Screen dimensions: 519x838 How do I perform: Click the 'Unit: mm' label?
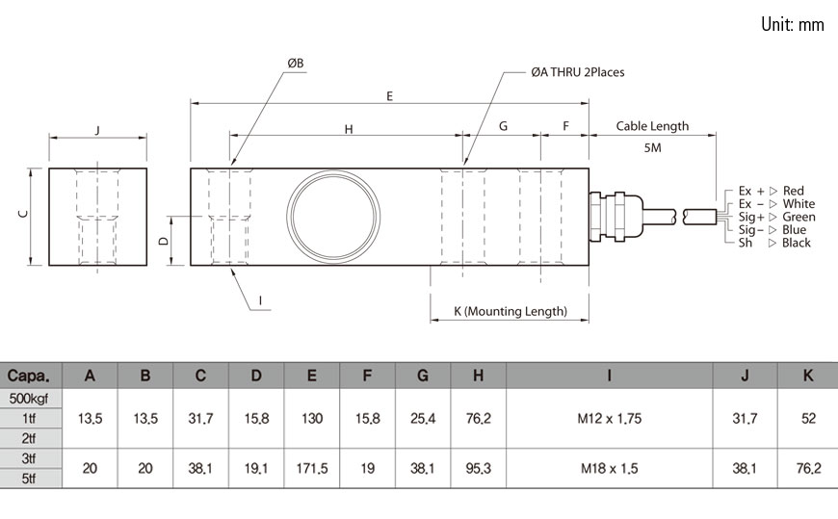tap(792, 25)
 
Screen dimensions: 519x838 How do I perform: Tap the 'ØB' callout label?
tap(295, 64)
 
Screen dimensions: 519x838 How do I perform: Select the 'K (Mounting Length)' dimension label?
tap(511, 312)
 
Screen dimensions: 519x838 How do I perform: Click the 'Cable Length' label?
tap(652, 126)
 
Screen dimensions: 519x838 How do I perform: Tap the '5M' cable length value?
tap(652, 148)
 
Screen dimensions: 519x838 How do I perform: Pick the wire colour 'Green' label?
tap(799, 217)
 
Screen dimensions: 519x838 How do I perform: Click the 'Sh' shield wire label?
tap(746, 243)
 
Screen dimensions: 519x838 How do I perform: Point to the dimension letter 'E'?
tap(389, 95)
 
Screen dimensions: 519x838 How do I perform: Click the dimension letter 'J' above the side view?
tap(98, 130)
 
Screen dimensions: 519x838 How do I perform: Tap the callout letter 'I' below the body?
tap(260, 300)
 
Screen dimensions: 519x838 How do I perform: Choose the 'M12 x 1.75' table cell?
tap(609, 419)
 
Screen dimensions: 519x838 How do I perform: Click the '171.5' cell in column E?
tap(311, 469)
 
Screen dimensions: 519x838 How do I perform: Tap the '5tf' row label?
tap(32, 478)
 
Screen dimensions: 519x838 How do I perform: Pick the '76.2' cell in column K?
tap(807, 469)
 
